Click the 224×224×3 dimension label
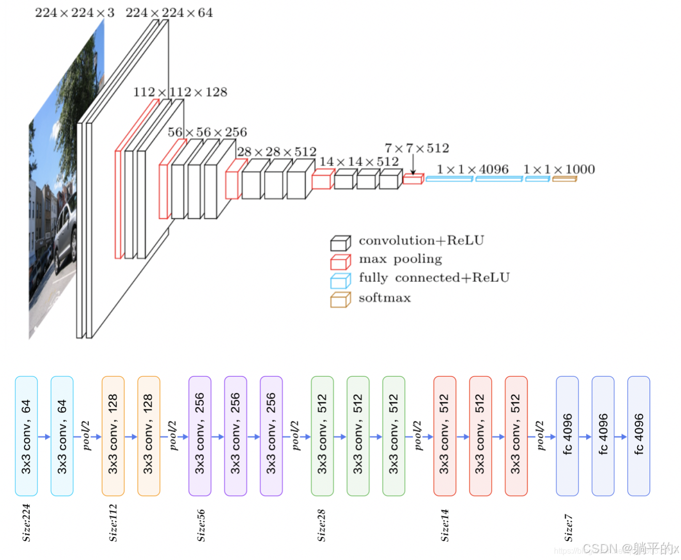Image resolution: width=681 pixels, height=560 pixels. pyautogui.click(x=74, y=13)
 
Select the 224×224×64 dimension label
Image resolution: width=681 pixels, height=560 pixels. pyautogui.click(x=169, y=13)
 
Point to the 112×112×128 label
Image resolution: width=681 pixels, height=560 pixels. pyautogui.click(x=180, y=92)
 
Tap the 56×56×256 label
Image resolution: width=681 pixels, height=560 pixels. pyautogui.click(x=207, y=132)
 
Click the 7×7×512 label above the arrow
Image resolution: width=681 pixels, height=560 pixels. pyautogui.click(x=417, y=148)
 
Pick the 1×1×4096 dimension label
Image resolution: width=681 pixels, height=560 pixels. pyautogui.click(x=472, y=169)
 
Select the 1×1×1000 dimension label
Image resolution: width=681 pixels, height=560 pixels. pyautogui.click(x=558, y=169)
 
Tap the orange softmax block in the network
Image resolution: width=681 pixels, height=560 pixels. pyautogui.click(x=564, y=178)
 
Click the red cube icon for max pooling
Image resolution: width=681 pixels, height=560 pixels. pyautogui.click(x=340, y=262)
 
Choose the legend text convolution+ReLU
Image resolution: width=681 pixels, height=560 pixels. pyautogui.click(x=421, y=241)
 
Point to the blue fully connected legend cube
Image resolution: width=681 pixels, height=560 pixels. pyautogui.click(x=340, y=281)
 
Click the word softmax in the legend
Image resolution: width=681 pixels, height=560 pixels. pyautogui.click(x=384, y=298)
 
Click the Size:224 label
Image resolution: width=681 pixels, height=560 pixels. pyautogui.click(x=27, y=522)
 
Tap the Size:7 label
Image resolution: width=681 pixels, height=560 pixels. pyautogui.click(x=568, y=527)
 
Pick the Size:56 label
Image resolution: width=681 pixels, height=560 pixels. pyautogui.click(x=201, y=525)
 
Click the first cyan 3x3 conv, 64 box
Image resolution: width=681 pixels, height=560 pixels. pyautogui.click(x=27, y=436)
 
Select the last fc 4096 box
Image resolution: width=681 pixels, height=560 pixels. pyautogui.click(x=638, y=436)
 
